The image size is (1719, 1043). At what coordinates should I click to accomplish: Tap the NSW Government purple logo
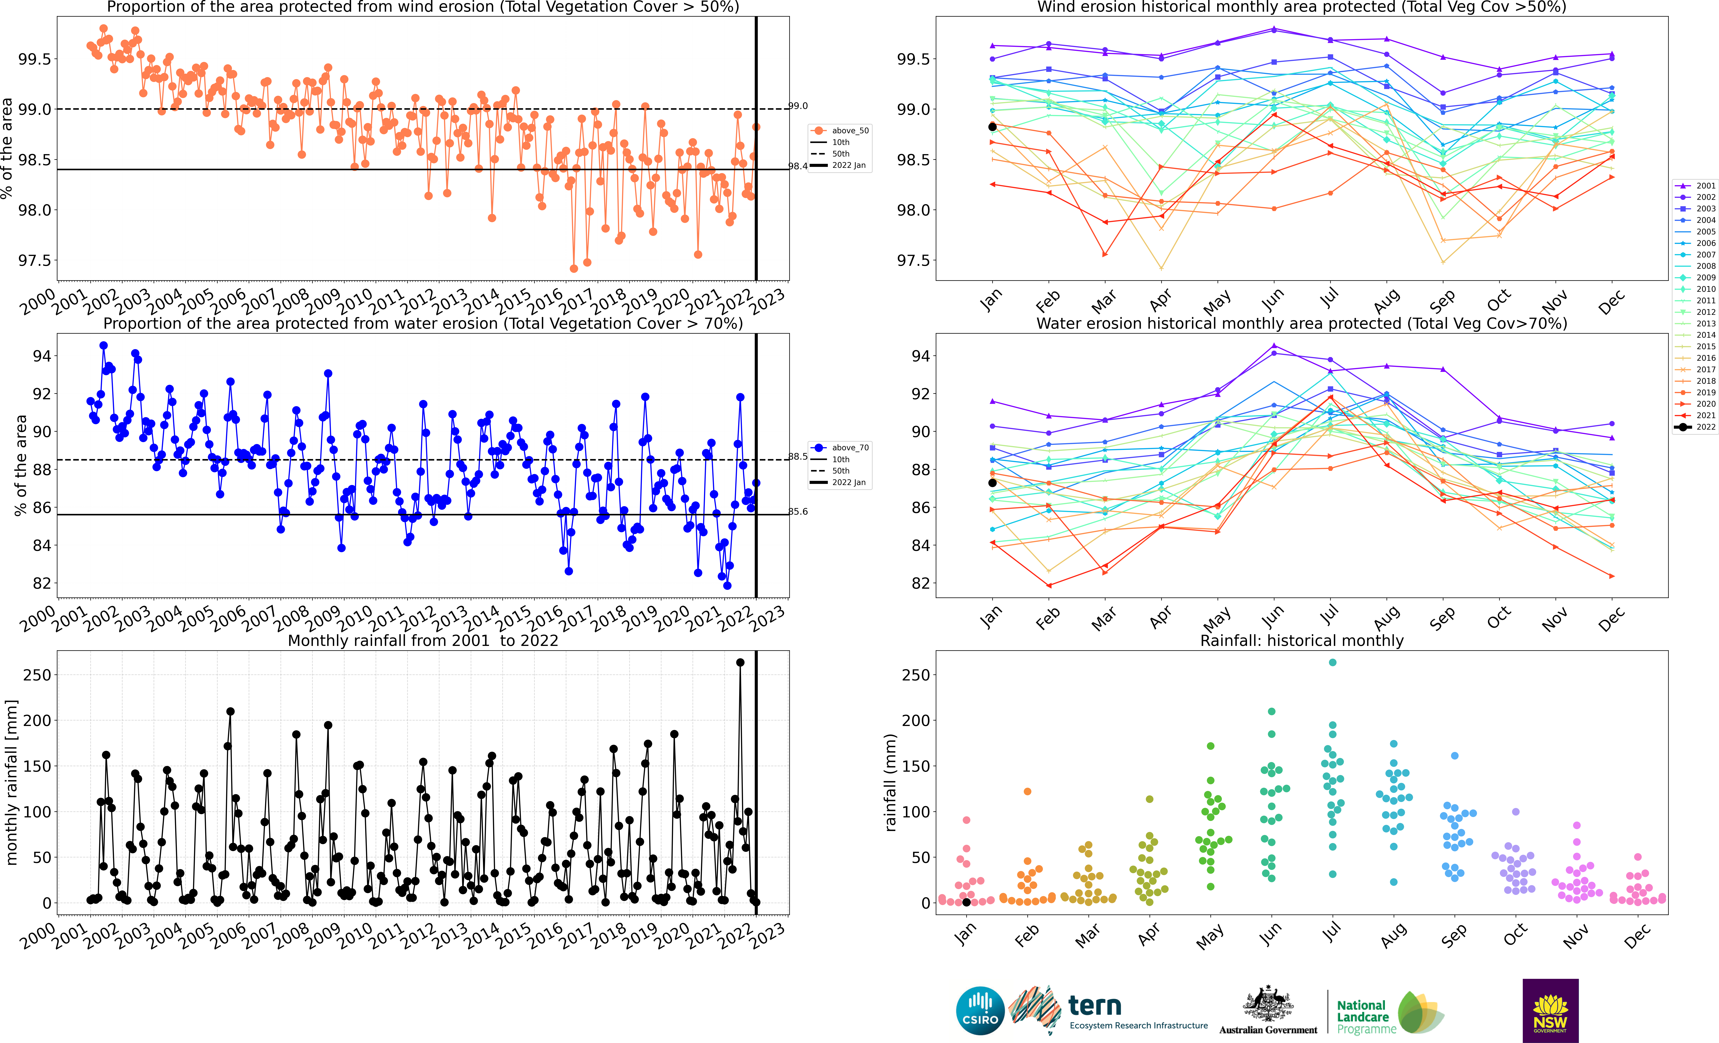tap(1550, 1010)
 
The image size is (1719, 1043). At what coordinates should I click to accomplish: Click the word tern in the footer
tap(1095, 1006)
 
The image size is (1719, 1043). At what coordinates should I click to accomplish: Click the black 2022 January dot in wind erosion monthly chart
tap(992, 127)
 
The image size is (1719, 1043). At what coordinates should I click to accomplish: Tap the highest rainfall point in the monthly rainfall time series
tap(740, 663)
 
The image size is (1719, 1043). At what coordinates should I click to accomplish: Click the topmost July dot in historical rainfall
tap(1333, 663)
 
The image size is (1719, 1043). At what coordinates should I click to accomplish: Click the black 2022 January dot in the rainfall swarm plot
tap(966, 902)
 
